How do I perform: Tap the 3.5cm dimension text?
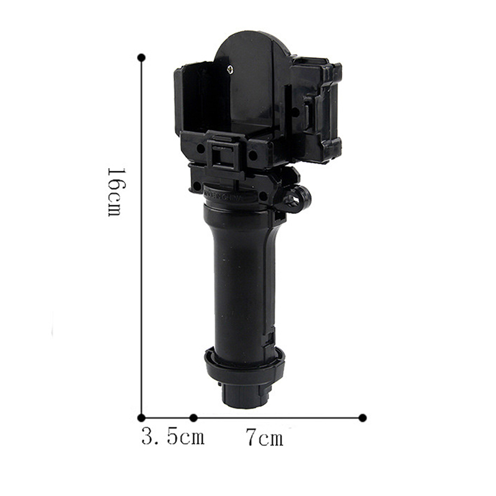click(x=173, y=436)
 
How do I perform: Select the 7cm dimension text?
click(x=265, y=437)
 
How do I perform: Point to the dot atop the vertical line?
click(x=142, y=58)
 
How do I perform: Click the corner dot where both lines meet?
click(x=142, y=417)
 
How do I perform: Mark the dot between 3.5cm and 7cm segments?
click(x=193, y=417)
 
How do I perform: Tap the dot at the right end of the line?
click(x=363, y=417)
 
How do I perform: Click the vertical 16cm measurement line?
click(x=142, y=237)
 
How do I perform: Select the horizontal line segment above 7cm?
click(x=278, y=417)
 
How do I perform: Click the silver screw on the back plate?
click(x=231, y=69)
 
